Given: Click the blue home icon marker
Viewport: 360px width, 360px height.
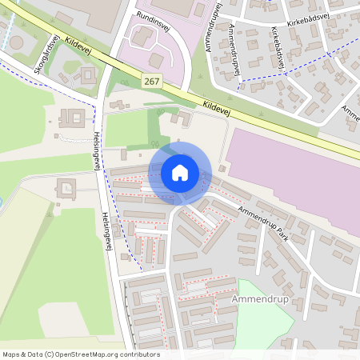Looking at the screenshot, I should tap(179, 172).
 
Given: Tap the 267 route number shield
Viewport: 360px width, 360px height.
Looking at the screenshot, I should tap(152, 81).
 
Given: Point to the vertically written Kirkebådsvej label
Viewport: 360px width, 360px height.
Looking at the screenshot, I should tap(279, 49).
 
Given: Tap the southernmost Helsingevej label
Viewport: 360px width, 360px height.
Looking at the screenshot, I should tap(106, 232).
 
